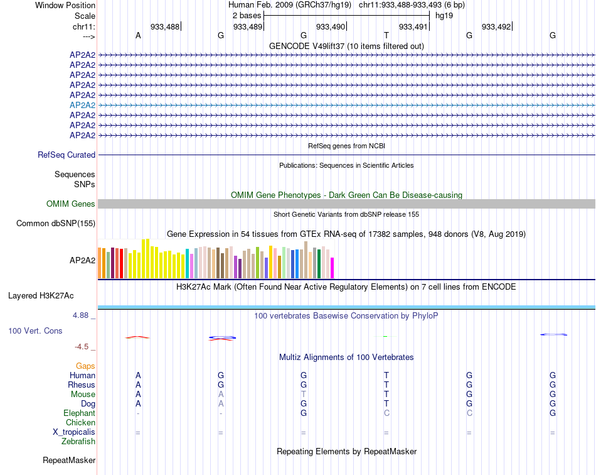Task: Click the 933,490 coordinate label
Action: point(331,26)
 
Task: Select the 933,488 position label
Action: point(165,26)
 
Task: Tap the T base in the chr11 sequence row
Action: point(386,36)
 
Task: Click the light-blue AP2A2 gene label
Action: point(82,105)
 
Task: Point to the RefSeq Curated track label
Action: point(67,155)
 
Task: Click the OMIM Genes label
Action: point(71,204)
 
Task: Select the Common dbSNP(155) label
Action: point(56,223)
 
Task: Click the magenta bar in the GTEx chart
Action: point(332,268)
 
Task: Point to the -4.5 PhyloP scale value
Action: point(83,346)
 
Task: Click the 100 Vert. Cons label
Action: point(35,330)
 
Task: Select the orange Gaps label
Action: point(85,366)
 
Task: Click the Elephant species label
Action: point(79,413)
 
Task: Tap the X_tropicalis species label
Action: point(74,432)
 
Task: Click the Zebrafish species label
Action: point(78,442)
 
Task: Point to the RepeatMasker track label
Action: point(69,461)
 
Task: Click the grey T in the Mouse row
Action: point(304,394)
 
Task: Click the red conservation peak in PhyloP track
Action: point(137,337)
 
